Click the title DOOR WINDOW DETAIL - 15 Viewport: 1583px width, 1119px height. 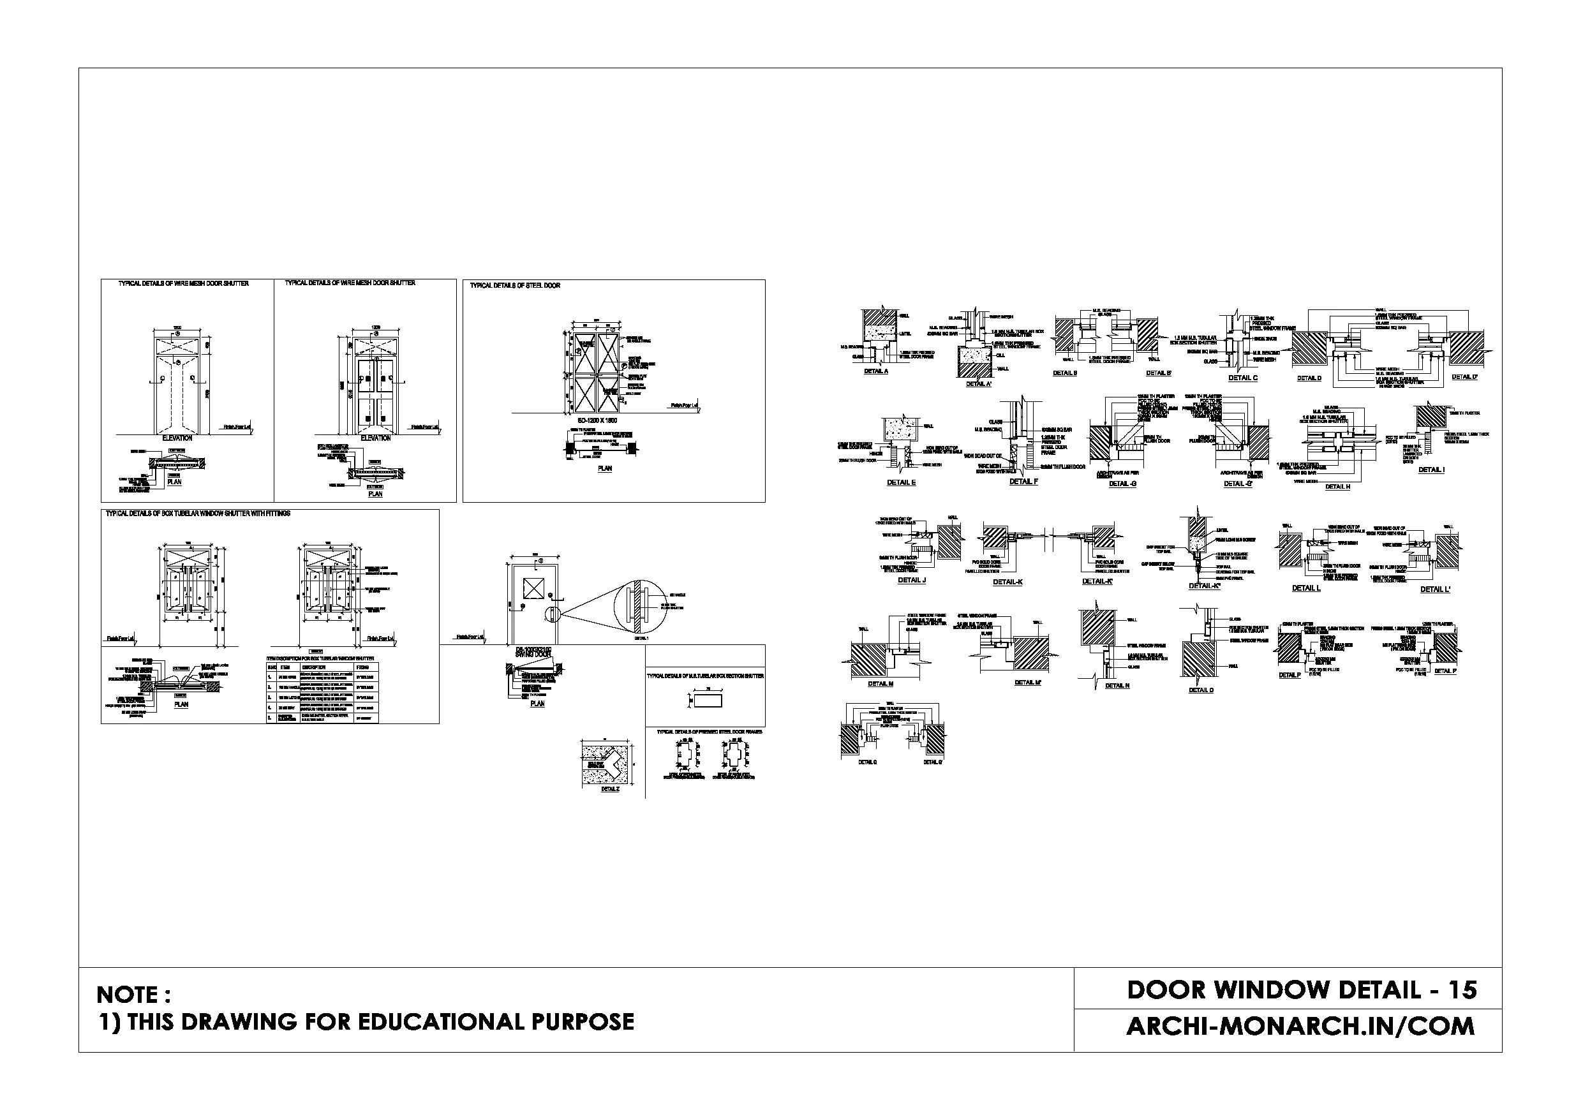[1301, 990]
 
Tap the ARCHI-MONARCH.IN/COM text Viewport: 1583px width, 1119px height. [1300, 1026]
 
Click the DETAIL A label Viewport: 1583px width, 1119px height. [875, 371]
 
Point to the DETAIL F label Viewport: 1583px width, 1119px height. [1023, 481]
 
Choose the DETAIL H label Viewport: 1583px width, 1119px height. [1337, 487]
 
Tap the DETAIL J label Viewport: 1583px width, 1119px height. [912, 581]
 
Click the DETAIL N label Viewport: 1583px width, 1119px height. [1117, 685]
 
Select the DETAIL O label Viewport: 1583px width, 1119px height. [1200, 690]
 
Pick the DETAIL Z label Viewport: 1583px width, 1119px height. [609, 789]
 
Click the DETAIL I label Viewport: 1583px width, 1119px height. [1431, 470]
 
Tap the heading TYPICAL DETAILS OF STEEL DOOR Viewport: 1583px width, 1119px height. [515, 285]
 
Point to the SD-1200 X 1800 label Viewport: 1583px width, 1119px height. [597, 420]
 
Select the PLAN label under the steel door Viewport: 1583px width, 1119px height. [604, 468]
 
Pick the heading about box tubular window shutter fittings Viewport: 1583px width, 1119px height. [198, 514]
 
